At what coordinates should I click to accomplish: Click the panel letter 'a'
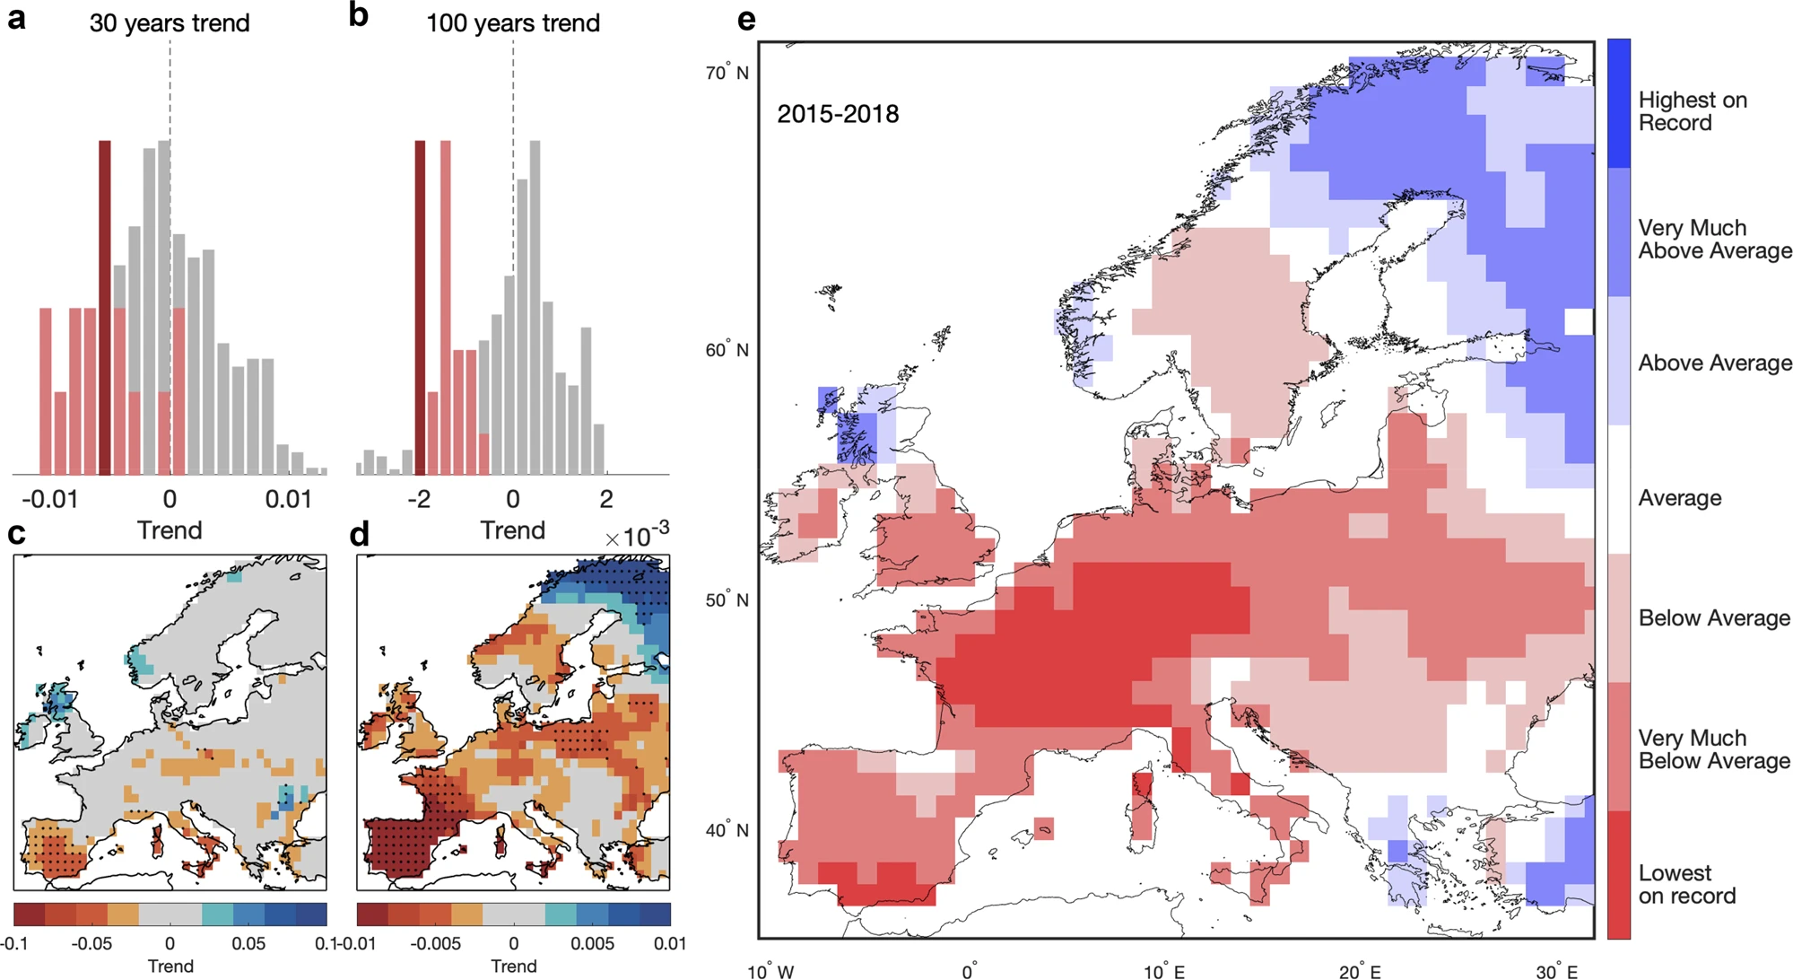pyautogui.click(x=16, y=18)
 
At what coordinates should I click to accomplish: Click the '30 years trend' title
pyautogui.click(x=170, y=23)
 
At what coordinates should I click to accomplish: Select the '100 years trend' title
pyautogui.click(x=513, y=23)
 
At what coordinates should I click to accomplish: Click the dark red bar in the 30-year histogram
pyautogui.click(x=105, y=307)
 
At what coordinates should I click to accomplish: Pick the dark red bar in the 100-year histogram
pyautogui.click(x=420, y=307)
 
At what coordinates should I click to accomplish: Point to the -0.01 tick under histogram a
pyautogui.click(x=50, y=499)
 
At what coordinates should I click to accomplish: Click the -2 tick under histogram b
pyautogui.click(x=419, y=499)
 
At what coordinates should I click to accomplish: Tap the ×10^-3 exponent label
pyautogui.click(x=637, y=536)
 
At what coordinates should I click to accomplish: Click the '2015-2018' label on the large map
pyautogui.click(x=838, y=114)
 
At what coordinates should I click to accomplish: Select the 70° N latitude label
pyautogui.click(x=727, y=72)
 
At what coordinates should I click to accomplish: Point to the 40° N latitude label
pyautogui.click(x=727, y=830)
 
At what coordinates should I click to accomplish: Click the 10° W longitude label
pyautogui.click(x=770, y=971)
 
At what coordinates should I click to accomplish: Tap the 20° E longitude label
pyautogui.click(x=1360, y=971)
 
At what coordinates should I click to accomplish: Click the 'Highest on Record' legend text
pyautogui.click(x=1693, y=111)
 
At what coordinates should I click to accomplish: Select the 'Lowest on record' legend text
pyautogui.click(x=1686, y=884)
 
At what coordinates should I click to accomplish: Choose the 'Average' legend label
pyautogui.click(x=1680, y=498)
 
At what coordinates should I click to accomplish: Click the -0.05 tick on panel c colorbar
pyautogui.click(x=91, y=944)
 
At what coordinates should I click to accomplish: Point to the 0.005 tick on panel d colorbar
pyautogui.click(x=592, y=944)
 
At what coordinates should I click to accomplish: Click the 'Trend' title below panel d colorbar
pyautogui.click(x=513, y=967)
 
